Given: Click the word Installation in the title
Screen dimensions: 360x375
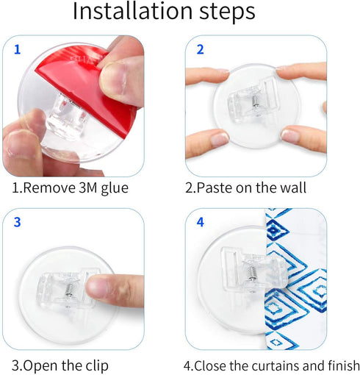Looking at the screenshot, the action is pos(133,11).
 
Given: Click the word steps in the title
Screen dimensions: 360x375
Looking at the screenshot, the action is pos(227,12).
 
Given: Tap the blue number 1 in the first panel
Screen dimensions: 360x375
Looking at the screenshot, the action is pos(17,49).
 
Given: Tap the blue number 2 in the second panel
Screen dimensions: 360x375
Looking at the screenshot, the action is pos(201,49).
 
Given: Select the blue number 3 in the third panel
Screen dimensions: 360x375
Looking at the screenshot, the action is pos(17,222).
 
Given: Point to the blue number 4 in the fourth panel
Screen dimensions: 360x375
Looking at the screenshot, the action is pos(201,222).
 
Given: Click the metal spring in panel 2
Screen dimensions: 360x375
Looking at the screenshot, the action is pos(255,101).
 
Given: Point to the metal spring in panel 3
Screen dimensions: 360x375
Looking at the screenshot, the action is pos(69,290).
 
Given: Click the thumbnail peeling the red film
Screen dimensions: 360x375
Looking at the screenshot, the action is pos(112,78).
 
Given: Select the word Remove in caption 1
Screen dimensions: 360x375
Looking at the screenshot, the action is pos(49,188).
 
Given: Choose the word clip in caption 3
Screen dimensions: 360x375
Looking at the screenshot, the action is pos(97,365).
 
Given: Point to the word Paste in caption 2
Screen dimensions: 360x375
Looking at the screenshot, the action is pos(215,187).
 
